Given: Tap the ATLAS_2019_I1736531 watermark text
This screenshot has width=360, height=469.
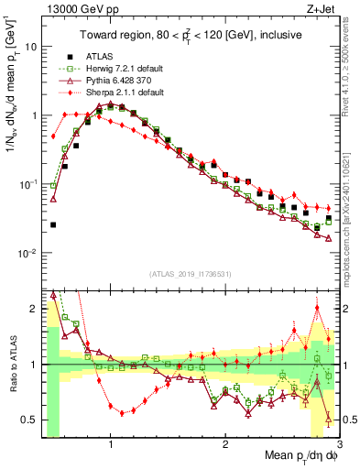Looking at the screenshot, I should (190, 274).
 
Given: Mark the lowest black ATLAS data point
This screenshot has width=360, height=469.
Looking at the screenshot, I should (53, 224).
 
